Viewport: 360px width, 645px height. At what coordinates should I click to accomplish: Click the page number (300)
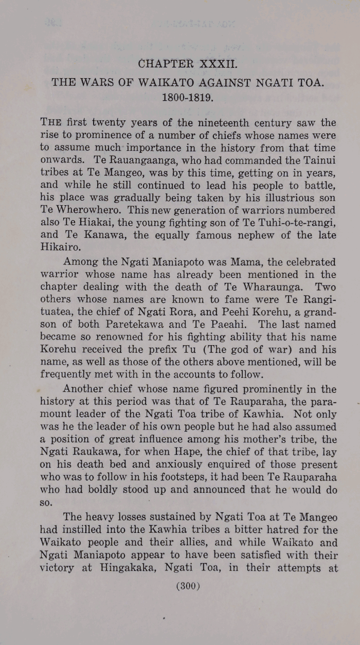coord(188,586)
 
